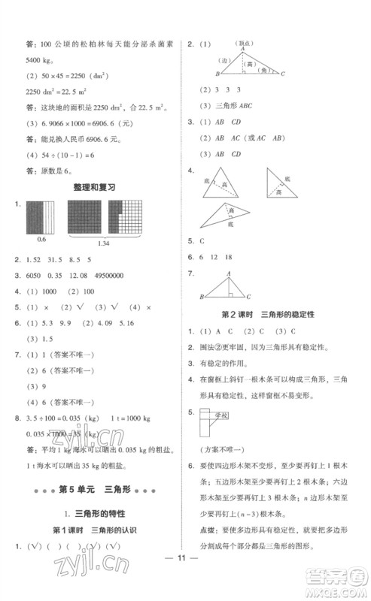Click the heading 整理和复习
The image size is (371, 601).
tap(94, 186)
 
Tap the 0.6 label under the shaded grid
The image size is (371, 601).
tap(41, 239)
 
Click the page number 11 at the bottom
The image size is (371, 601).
tap(185, 579)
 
